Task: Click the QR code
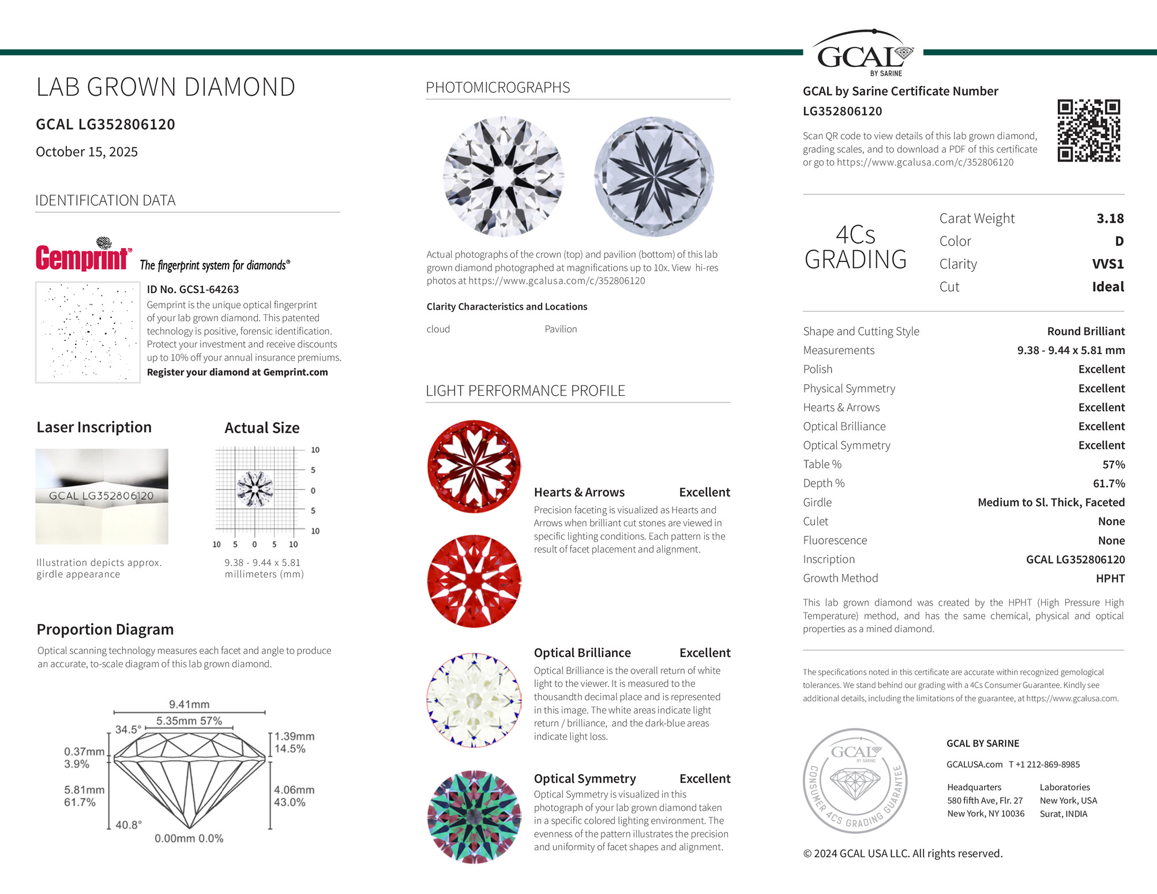[x=1088, y=130]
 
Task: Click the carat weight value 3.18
[x=1110, y=219]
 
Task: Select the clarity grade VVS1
[x=1107, y=264]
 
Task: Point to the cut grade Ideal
[x=1107, y=287]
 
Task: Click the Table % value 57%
[x=1113, y=464]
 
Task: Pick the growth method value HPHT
[x=1110, y=579]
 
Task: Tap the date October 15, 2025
[x=87, y=152]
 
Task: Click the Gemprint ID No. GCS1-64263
[x=193, y=290]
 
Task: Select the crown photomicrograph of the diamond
[x=503, y=176]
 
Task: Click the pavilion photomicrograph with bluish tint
[x=653, y=176]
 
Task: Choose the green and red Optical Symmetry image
[x=474, y=816]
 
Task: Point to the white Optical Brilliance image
[x=474, y=700]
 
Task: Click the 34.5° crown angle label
[x=127, y=730]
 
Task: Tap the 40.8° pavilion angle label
[x=128, y=825]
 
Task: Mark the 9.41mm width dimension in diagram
[x=189, y=704]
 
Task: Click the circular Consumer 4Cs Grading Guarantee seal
[x=855, y=780]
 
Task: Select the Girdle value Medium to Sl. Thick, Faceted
[x=1051, y=502]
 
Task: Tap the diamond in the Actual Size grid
[x=254, y=489]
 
